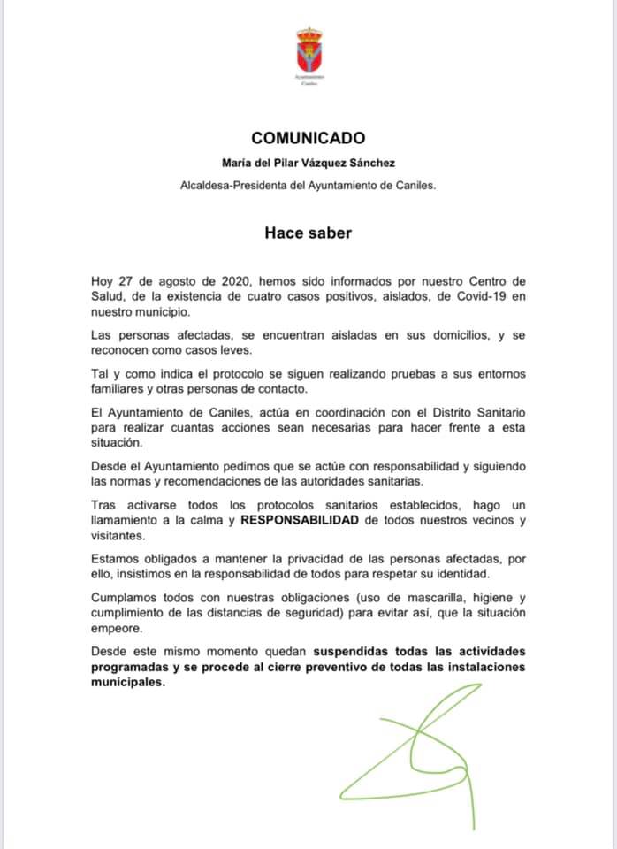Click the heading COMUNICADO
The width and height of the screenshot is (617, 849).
pos(308,138)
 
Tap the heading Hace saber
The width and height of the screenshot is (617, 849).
pos(308,233)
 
